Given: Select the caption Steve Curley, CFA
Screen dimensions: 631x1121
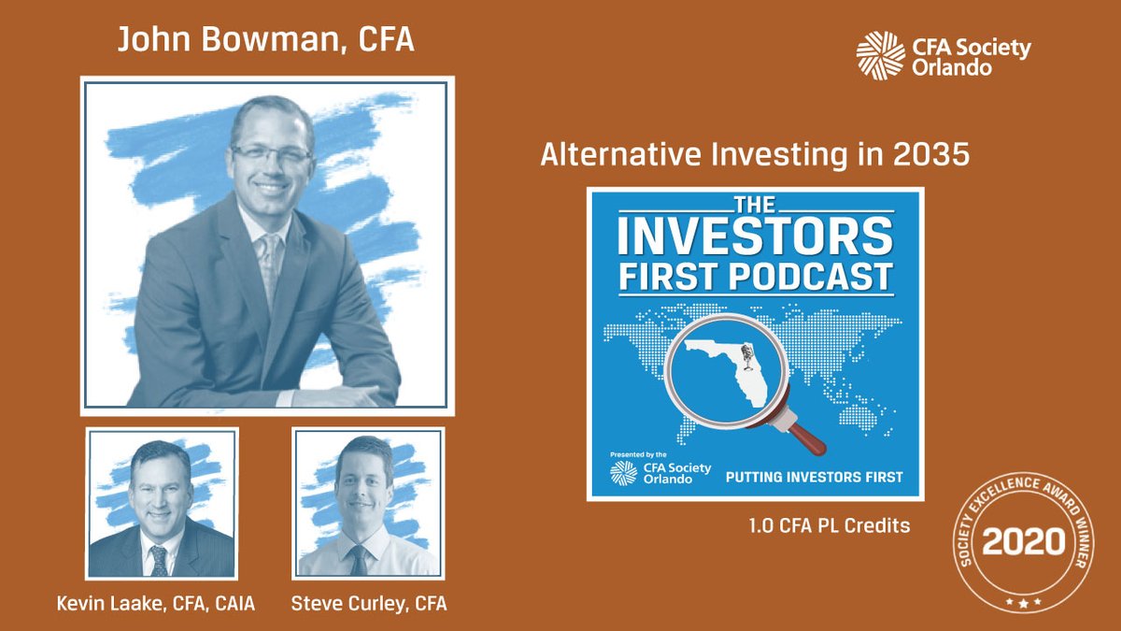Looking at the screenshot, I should coord(368,604).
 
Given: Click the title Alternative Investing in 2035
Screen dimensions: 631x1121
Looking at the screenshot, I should coord(755,156).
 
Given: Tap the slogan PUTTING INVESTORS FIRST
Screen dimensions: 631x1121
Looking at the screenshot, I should coord(815,477).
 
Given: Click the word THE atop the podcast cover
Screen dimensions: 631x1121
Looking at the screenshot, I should coord(756,203).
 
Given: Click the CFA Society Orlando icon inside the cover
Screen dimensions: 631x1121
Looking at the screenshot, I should coord(623,472).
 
